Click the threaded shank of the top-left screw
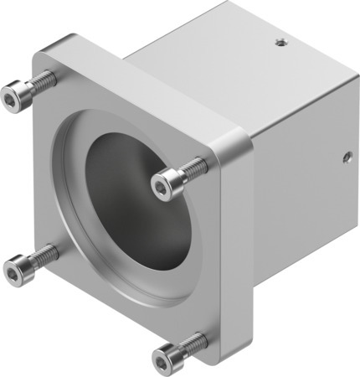coord(44,81)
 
